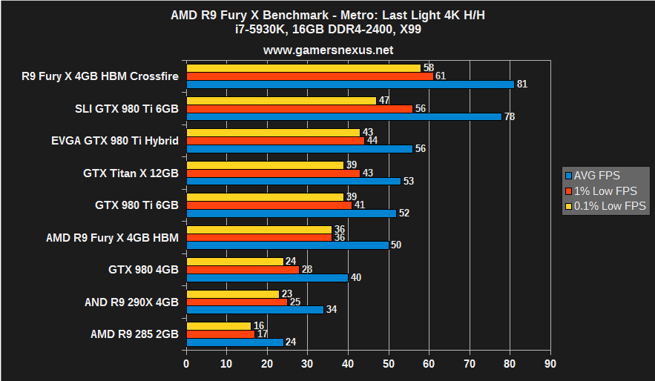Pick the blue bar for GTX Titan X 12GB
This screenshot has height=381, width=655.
pyautogui.click(x=294, y=181)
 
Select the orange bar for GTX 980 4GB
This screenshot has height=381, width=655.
pyautogui.click(x=243, y=269)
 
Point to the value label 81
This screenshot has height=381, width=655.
pyautogui.click(x=522, y=85)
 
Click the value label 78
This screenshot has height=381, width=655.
pyautogui.click(x=510, y=116)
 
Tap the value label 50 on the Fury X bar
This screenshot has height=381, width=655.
pyautogui.click(x=396, y=245)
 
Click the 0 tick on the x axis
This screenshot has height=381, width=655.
pyautogui.click(x=186, y=364)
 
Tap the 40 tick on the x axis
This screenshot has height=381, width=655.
pyautogui.click(x=348, y=364)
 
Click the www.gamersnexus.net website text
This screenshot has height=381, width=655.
pyautogui.click(x=328, y=50)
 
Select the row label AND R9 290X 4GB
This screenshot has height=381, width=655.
pyautogui.click(x=132, y=302)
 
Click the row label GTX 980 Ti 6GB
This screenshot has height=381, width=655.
pyautogui.click(x=136, y=205)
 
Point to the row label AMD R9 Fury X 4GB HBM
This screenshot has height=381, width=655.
pyautogui.click(x=112, y=237)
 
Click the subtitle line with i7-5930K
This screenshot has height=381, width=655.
pyautogui.click(x=328, y=30)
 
